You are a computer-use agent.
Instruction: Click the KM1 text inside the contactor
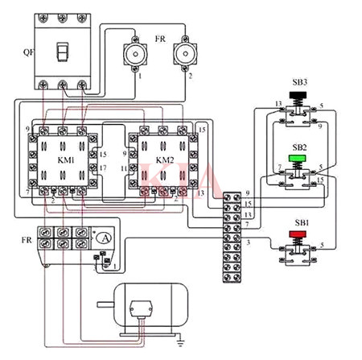pos(66,159)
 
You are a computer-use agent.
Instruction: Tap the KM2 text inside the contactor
pos(164,159)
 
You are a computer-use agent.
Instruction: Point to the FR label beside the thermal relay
pos(26,240)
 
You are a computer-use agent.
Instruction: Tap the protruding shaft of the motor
pos(105,304)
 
